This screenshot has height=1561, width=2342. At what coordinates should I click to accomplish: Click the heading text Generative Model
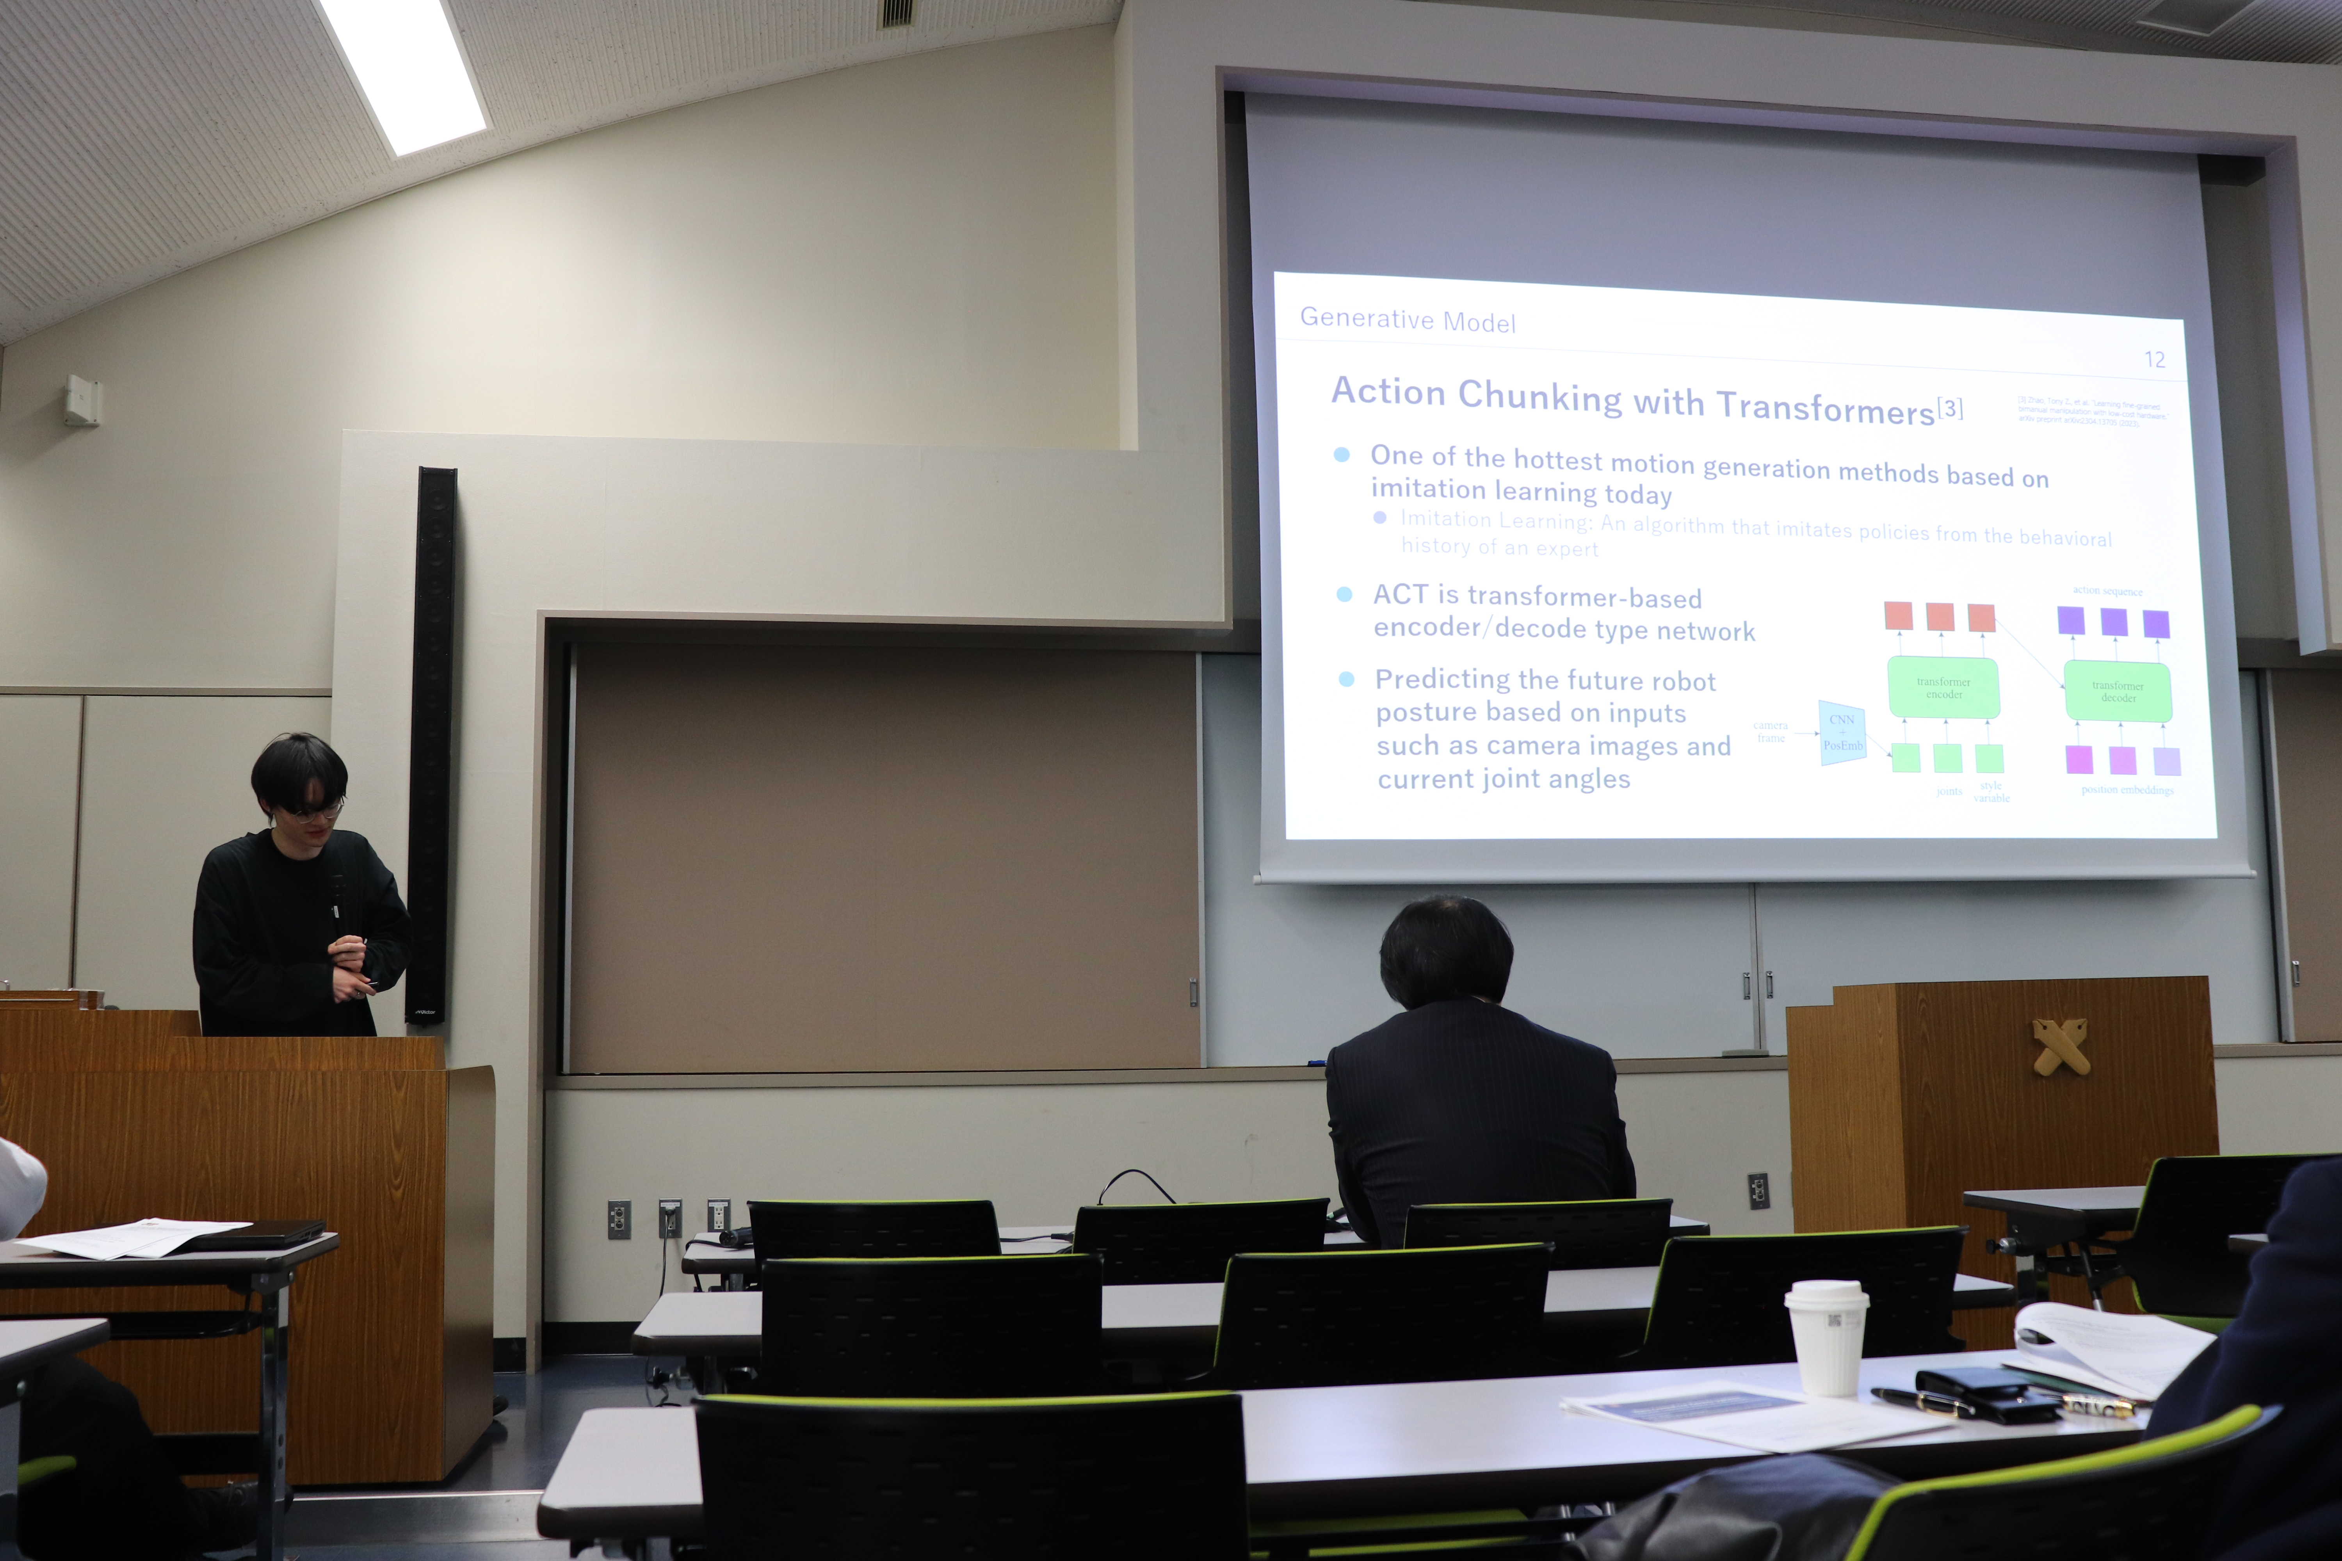(1407, 320)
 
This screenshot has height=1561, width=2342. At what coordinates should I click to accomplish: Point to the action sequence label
(2107, 590)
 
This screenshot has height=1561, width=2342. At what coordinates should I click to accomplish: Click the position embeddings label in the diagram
(2127, 789)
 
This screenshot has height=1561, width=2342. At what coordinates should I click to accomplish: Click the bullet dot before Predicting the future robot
(1346, 679)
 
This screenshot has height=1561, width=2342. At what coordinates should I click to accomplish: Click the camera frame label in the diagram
(1771, 732)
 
